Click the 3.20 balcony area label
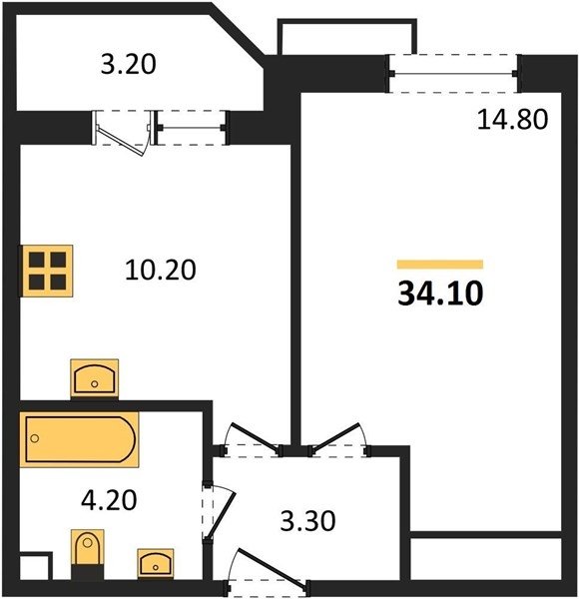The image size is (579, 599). pyautogui.click(x=129, y=64)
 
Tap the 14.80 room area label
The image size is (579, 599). pyautogui.click(x=512, y=119)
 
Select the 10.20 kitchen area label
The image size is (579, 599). pyautogui.click(x=161, y=270)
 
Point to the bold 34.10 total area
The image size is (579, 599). pyautogui.click(x=440, y=294)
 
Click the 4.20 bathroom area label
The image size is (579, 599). pyautogui.click(x=109, y=500)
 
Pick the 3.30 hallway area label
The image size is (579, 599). pyautogui.click(x=307, y=521)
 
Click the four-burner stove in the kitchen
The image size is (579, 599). pyautogui.click(x=46, y=271)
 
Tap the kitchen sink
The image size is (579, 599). pyautogui.click(x=94, y=379)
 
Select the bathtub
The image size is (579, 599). pyautogui.click(x=80, y=439)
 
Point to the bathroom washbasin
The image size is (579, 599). pyautogui.click(x=156, y=563)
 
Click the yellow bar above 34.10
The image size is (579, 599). pyautogui.click(x=440, y=265)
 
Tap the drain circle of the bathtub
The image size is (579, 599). pyautogui.click(x=35, y=438)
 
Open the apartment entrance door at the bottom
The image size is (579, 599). pyautogui.click(x=269, y=569)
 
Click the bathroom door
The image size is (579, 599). pyautogui.click(x=219, y=513)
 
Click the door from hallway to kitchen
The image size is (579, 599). pyautogui.click(x=254, y=439)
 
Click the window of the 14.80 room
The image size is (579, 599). pyautogui.click(x=453, y=73)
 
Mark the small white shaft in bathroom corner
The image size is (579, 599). pyautogui.click(x=34, y=567)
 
